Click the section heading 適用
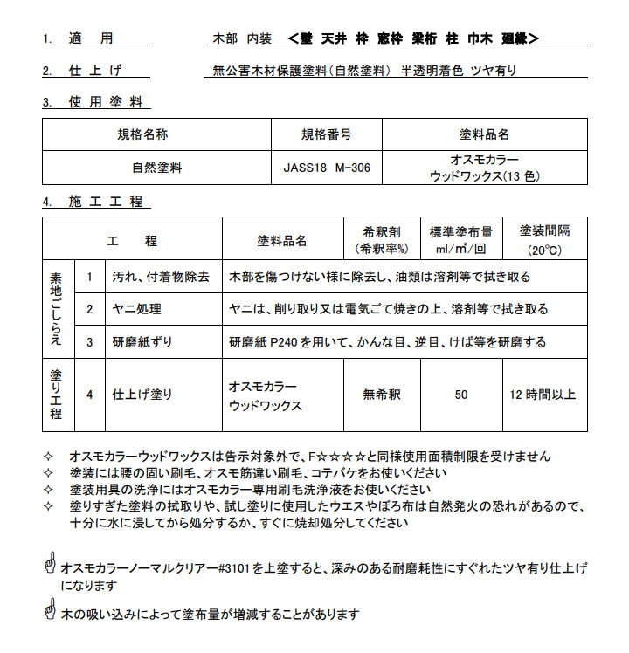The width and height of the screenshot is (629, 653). [x=91, y=38]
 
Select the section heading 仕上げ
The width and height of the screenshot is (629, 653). [x=93, y=71]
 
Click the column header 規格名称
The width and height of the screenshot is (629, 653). [x=143, y=134]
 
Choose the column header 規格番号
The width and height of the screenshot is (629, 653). [x=327, y=134]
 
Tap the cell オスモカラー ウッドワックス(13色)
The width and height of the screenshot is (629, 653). [x=485, y=168]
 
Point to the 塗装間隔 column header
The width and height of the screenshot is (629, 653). [x=544, y=231]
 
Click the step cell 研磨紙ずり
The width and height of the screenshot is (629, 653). [x=142, y=341]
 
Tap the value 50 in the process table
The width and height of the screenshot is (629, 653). [x=460, y=395]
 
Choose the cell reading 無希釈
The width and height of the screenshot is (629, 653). [x=382, y=395]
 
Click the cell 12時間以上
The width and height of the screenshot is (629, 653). [x=543, y=395]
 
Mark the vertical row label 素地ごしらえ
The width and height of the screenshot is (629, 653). [x=58, y=309]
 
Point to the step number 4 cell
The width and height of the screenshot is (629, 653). [x=89, y=395]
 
